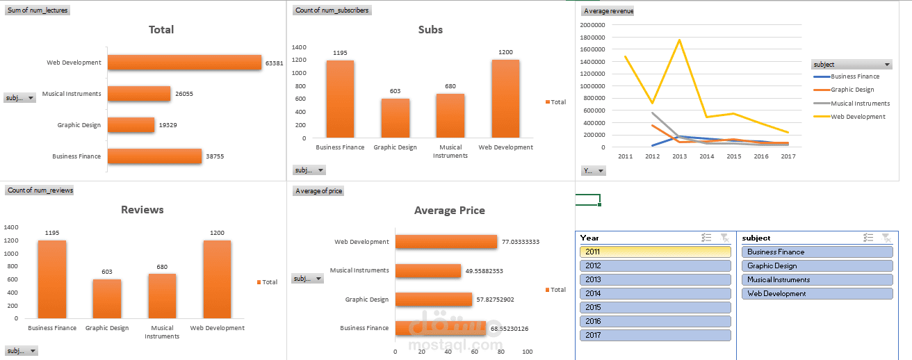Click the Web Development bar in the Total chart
[x=184, y=63]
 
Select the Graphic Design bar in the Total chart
[x=131, y=125]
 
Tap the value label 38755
[x=215, y=157]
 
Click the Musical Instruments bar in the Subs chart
[x=450, y=115]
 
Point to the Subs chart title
[x=430, y=30]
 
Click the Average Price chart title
[x=449, y=211]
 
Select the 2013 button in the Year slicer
[x=655, y=279]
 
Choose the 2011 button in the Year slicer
[x=655, y=252]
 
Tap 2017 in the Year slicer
[x=655, y=335]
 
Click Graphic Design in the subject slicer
[x=817, y=265]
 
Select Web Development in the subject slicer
[x=817, y=293]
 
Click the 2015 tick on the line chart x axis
[x=734, y=157]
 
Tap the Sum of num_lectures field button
[x=38, y=10]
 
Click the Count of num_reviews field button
[x=40, y=190]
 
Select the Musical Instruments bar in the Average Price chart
[x=428, y=271]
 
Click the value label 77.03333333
[x=521, y=242]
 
